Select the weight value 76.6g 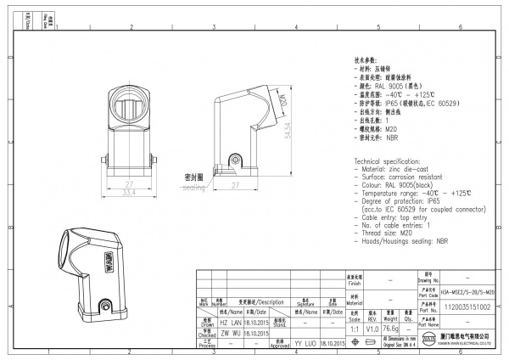391,327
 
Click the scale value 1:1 353,327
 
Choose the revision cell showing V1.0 372,327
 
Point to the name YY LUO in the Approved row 305,343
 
